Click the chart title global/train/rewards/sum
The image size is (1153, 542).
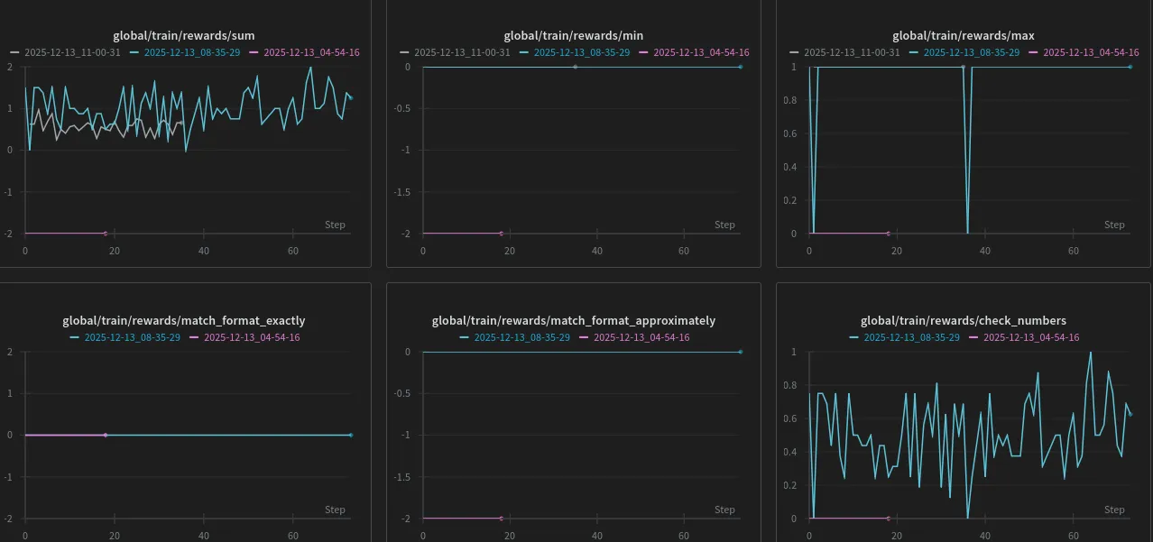click(x=183, y=36)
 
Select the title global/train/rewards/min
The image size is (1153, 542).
click(x=574, y=36)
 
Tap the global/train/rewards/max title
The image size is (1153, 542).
click(x=963, y=36)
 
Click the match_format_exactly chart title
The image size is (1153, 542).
click(x=183, y=320)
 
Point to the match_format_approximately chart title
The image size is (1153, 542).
click(x=574, y=320)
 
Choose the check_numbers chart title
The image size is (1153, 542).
click(x=963, y=320)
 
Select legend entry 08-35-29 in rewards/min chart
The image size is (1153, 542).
click(x=581, y=52)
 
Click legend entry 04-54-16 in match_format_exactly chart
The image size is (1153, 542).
click(x=252, y=337)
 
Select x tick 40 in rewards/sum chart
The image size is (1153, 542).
click(x=204, y=251)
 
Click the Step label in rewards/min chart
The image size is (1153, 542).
click(x=724, y=225)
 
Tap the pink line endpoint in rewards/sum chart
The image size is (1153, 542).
click(x=106, y=234)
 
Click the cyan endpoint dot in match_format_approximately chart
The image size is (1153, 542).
click(x=740, y=352)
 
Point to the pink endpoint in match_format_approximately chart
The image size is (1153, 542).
click(x=502, y=519)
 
